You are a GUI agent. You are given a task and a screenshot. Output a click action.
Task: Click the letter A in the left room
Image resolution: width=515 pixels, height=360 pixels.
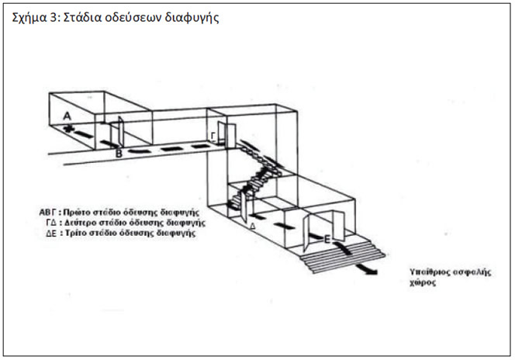[x=67, y=116]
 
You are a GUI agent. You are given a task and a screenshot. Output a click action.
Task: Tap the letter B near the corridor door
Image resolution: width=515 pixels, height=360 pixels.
[x=119, y=154]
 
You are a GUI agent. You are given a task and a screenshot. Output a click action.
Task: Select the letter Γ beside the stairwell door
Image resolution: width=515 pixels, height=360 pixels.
[x=213, y=137]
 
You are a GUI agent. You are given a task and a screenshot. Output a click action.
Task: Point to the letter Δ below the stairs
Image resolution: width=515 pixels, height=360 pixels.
[x=253, y=226]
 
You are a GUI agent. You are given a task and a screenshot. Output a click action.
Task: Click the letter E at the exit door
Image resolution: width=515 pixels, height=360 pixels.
[x=327, y=240]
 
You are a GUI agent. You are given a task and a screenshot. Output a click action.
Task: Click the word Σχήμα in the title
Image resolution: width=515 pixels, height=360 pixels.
[x=29, y=18]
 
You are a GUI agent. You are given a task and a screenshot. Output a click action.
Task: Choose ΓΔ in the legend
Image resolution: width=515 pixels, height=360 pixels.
[x=52, y=223]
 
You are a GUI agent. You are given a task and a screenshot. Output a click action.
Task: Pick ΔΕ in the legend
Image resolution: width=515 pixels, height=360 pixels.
[x=51, y=234]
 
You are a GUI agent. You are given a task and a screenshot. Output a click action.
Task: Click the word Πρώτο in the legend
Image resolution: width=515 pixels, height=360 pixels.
[x=77, y=212]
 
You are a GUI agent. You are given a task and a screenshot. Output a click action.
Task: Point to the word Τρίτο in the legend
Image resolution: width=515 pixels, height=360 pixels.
[x=75, y=234]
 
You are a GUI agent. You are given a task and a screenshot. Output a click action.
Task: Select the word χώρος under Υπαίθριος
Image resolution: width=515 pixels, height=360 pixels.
[x=423, y=282]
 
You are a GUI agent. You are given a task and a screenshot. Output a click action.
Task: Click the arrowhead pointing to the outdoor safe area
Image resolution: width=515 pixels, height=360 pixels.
[x=372, y=272]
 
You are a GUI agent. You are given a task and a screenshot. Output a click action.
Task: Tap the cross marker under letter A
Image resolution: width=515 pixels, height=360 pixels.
[x=68, y=129]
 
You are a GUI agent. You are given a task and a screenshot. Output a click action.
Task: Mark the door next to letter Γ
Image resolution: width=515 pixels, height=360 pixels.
[x=231, y=136]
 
